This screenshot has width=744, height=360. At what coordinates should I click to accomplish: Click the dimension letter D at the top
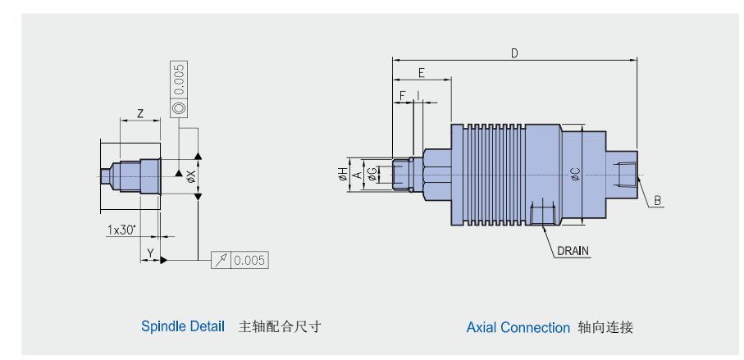pyautogui.click(x=514, y=53)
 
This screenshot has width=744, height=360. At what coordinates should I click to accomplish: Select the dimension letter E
pyautogui.click(x=421, y=73)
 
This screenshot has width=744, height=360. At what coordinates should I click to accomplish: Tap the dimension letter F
pyautogui.click(x=402, y=96)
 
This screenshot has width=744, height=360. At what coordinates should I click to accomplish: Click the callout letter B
pyautogui.click(x=658, y=201)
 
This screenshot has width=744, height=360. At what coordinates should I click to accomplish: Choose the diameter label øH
pyautogui.click(x=341, y=174)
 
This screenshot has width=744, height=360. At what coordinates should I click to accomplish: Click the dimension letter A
pyautogui.click(x=357, y=174)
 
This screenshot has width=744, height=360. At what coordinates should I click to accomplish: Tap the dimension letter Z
pyautogui.click(x=140, y=113)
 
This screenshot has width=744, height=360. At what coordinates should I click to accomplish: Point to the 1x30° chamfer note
pyautogui.click(x=121, y=230)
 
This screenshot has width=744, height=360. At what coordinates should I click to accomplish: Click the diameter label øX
pyautogui.click(x=190, y=175)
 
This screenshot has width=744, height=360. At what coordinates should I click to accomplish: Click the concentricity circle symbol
pyautogui.click(x=180, y=107)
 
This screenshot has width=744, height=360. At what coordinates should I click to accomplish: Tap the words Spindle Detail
pyautogui.click(x=183, y=326)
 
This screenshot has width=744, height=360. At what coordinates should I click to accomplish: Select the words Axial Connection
pyautogui.click(x=518, y=327)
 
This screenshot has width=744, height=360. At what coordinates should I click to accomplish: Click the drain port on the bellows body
pyautogui.click(x=544, y=215)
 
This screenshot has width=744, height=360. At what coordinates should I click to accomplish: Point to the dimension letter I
pyautogui.click(x=418, y=96)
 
